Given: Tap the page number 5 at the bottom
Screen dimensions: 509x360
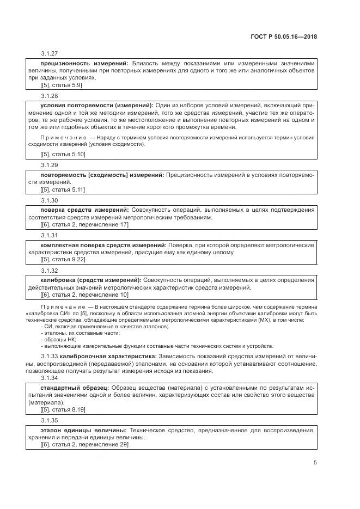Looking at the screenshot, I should click(315, 463).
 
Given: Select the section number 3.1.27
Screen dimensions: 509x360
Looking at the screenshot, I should click(49, 54).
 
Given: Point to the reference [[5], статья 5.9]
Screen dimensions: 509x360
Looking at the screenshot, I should click(61, 85).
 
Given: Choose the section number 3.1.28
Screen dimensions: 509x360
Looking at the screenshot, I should click(49, 95).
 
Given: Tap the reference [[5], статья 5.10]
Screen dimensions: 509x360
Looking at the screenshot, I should click(63, 154).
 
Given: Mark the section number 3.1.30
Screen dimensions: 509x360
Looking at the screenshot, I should click(49, 200).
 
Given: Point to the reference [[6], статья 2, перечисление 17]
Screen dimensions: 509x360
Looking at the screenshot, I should click(84, 224).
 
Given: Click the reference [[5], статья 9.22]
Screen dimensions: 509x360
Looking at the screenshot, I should click(63, 259).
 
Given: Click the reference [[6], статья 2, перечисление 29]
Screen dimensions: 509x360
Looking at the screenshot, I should click(84, 444).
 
